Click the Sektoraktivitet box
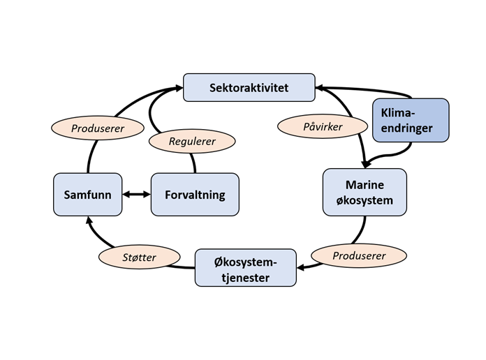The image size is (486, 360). (x=249, y=88)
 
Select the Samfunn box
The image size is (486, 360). (x=87, y=195)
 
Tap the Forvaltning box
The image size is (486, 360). (x=195, y=195)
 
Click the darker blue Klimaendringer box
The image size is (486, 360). (x=411, y=119)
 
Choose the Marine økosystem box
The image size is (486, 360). (x=364, y=193)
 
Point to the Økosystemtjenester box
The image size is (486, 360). (x=246, y=267)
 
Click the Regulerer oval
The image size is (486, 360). (x=192, y=141)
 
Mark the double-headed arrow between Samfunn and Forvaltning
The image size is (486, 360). (x=136, y=195)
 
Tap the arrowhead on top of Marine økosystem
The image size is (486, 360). (x=364, y=165)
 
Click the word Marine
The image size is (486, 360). (x=364, y=185)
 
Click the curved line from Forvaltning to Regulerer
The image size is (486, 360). (x=194, y=162)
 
